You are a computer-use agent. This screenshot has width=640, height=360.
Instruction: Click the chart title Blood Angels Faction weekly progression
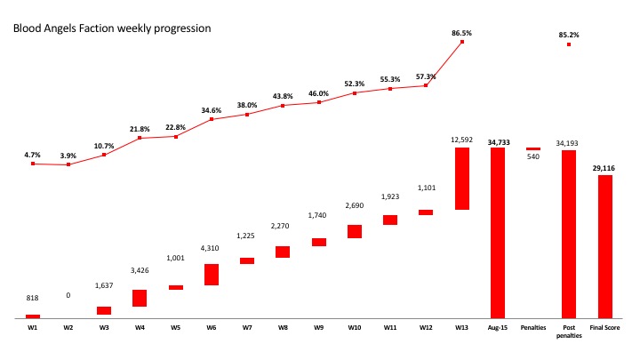tap(111, 28)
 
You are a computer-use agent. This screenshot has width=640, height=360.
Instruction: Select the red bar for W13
tap(462, 179)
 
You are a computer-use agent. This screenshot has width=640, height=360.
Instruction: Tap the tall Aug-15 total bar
tap(498, 232)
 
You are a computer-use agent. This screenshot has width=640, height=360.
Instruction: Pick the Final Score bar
tap(604, 246)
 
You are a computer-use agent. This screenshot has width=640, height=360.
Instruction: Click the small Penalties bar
tap(533, 148)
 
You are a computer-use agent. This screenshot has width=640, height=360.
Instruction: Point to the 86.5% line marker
tap(462, 42)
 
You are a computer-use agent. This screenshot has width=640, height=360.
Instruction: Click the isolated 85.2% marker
tap(569, 44)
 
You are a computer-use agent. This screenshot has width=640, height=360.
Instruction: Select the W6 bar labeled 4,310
tap(212, 275)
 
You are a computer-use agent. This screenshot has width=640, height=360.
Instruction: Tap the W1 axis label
tap(33, 328)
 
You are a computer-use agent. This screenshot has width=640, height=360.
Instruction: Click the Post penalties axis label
tap(569, 332)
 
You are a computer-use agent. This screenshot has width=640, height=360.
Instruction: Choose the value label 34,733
tap(498, 140)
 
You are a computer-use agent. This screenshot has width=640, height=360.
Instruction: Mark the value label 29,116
tap(604, 168)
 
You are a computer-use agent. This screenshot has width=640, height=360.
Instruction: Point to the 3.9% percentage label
tap(68, 156)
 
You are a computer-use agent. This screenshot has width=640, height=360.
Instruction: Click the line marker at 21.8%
tap(140, 139)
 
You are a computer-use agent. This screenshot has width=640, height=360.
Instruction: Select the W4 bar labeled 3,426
tap(140, 298)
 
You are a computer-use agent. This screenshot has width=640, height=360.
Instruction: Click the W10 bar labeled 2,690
tap(355, 231)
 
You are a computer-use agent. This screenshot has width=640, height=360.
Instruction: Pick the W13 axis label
tap(462, 328)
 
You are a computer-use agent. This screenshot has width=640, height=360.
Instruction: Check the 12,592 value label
tap(462, 140)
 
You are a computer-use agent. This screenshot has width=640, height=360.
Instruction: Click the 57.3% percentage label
tap(427, 76)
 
